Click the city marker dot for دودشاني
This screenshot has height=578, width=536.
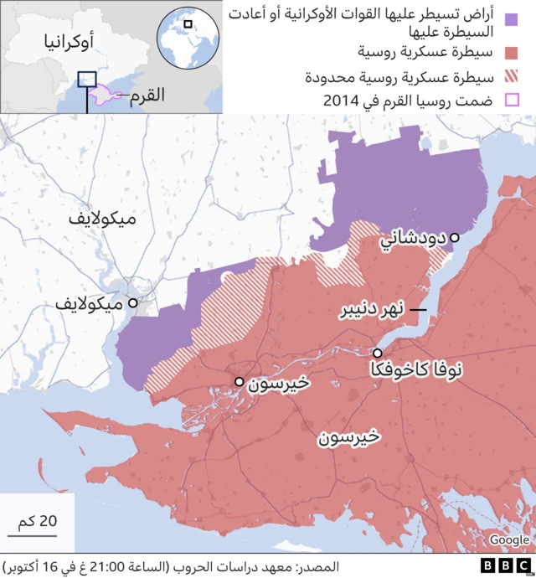point(455,238)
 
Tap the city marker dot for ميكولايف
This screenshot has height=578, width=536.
point(132,302)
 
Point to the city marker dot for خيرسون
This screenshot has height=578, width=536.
point(240,382)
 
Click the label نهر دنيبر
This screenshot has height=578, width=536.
point(372,311)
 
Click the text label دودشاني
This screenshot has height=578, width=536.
point(414,239)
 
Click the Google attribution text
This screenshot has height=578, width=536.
point(508,540)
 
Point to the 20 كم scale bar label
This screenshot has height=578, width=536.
point(38,520)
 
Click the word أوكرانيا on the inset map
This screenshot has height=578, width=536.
point(60,42)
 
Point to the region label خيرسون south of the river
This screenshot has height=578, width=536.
point(348,437)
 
